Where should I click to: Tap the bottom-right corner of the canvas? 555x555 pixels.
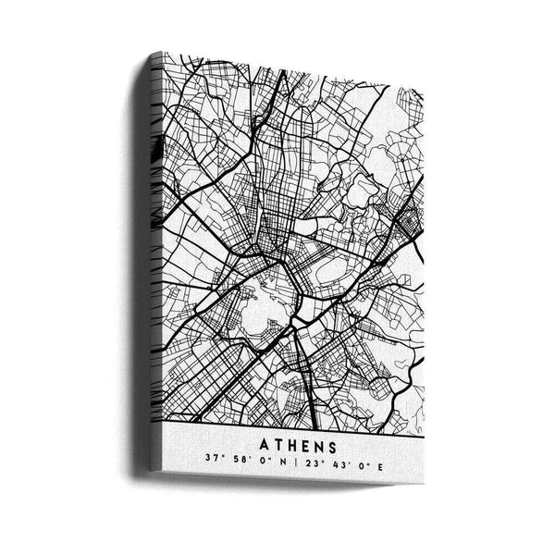(423, 483)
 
